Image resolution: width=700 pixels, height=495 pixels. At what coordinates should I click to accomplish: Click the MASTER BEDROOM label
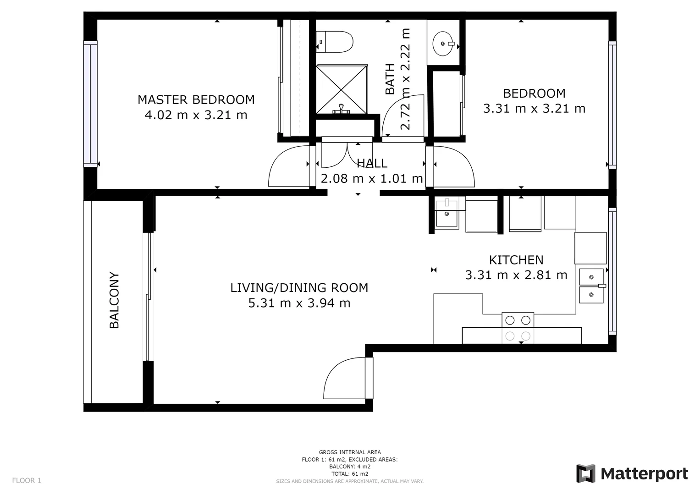[x=196, y=100]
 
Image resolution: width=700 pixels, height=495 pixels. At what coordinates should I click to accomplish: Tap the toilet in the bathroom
[x=335, y=42]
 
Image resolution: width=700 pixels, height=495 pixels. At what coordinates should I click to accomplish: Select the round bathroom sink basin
[x=443, y=44]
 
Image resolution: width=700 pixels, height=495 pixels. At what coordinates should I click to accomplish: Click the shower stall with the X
[x=342, y=89]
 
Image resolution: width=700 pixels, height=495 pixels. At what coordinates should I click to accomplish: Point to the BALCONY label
[x=115, y=300]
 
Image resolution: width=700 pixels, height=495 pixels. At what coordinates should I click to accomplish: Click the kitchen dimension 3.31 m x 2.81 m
[x=516, y=275]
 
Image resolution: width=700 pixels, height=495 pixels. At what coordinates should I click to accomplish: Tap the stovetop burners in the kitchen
[x=518, y=328]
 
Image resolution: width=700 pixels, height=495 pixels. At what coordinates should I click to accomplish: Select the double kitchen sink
[x=591, y=286]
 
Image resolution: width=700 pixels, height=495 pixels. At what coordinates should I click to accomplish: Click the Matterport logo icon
[x=586, y=473]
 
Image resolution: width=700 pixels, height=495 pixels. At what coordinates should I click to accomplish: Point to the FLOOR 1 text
[x=27, y=480]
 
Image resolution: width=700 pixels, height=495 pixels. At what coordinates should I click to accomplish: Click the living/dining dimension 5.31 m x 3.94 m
[x=299, y=303]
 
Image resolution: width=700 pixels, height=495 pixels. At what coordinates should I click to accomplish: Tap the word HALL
[x=372, y=163]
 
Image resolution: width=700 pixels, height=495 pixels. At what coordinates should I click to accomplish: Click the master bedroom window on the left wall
[x=90, y=104]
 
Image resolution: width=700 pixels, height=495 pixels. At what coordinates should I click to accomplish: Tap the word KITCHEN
[x=516, y=260]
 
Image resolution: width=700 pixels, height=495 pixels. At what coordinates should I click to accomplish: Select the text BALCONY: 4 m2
[x=350, y=467]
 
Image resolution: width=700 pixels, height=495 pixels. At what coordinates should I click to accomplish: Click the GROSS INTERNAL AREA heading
[x=350, y=452]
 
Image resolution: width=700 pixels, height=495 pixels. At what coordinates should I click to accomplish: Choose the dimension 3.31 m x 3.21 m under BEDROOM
[x=534, y=109]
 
